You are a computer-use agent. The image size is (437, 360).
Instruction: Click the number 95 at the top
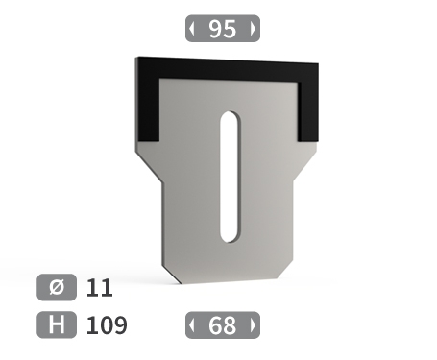coord(223,29)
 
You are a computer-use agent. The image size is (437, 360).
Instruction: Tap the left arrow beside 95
coord(191,29)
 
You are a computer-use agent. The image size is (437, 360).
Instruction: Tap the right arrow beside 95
coord(253,29)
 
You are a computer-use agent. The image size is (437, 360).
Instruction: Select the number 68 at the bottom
coord(223,325)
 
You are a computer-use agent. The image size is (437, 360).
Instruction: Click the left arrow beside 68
coord(191,325)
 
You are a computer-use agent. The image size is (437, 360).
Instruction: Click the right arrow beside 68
coord(253,325)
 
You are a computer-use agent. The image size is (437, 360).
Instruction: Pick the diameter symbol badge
coord(57,287)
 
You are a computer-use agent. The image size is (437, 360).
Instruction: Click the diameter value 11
coord(100,288)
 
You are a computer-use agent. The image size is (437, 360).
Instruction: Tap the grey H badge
coord(57,324)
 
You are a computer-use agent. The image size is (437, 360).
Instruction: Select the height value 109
coord(107,325)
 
